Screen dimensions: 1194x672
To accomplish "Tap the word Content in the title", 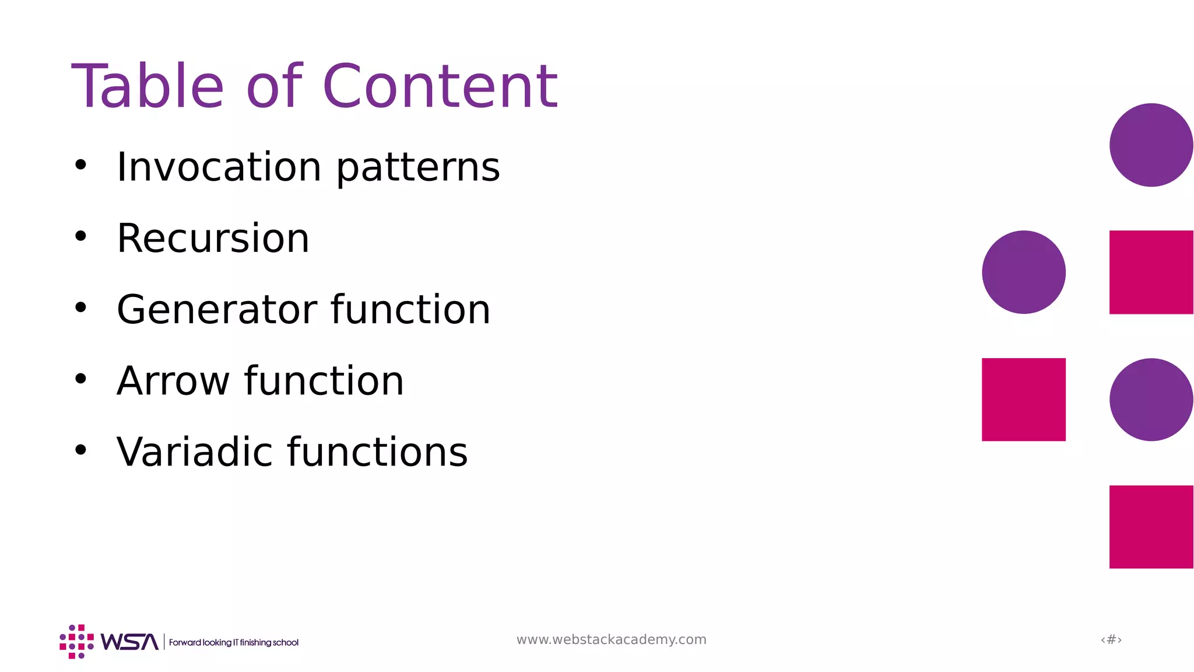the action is click(440, 86).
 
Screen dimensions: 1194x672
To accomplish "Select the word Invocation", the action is click(219, 167).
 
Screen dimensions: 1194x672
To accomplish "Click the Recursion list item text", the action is click(213, 238).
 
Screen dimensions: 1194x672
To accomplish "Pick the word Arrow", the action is click(173, 381).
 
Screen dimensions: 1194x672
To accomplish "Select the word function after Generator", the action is click(410, 309).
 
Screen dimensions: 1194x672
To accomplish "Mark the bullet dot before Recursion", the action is click(80, 236).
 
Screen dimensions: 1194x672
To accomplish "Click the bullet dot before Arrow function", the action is click(80, 379).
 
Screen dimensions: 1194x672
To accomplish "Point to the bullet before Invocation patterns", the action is click(80, 165).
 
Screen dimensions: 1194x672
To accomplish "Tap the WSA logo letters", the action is click(129, 642).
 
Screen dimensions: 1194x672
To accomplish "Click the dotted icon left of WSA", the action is click(76, 642).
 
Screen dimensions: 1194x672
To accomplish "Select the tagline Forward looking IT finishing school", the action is click(233, 642).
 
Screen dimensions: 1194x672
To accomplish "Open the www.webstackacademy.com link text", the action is click(611, 639).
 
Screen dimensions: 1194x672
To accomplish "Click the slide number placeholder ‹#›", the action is click(1111, 639).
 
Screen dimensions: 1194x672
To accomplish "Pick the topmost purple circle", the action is click(1151, 145).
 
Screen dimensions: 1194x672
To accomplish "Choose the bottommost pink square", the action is click(1151, 527).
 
